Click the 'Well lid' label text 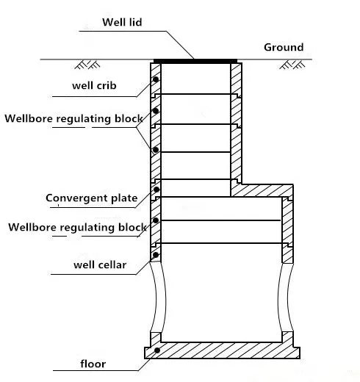(x=122, y=22)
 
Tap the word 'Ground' (x=284, y=47)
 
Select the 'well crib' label (x=94, y=86)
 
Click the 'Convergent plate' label (x=92, y=198)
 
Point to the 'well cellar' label (x=100, y=264)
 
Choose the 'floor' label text (x=93, y=364)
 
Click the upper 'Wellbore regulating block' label (x=73, y=119)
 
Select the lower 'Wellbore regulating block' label (x=77, y=228)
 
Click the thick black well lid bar (x=195, y=61)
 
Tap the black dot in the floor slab (x=157, y=350)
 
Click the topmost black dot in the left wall (x=156, y=79)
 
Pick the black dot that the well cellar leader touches (x=156, y=255)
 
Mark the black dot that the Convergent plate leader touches (x=156, y=190)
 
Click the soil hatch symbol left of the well (x=87, y=65)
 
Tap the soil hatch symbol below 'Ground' (x=292, y=65)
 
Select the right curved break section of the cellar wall (x=285, y=298)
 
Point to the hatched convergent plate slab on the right (x=262, y=190)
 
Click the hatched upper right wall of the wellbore (x=236, y=123)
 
